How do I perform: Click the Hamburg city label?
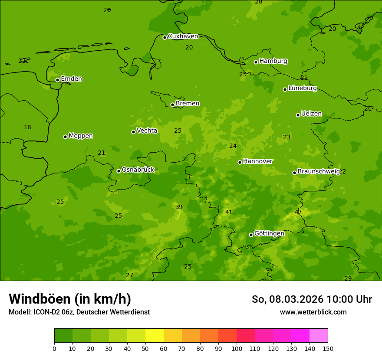[273, 61]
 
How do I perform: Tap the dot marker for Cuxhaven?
[165, 37]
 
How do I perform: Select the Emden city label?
[71, 79]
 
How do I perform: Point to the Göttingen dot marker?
[251, 235]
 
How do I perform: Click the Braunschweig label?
[319, 172]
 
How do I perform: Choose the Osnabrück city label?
[138, 170]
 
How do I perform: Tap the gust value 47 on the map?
[298, 212]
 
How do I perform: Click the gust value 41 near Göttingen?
[229, 212]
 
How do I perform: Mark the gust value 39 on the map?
[179, 207]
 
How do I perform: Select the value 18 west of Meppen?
[27, 127]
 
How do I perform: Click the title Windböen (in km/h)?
[70, 299]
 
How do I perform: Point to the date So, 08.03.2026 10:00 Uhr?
[312, 299]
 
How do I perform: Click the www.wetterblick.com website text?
[313, 312]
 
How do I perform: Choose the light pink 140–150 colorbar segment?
[319, 335]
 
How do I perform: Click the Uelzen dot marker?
[298, 115]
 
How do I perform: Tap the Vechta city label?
[147, 131]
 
